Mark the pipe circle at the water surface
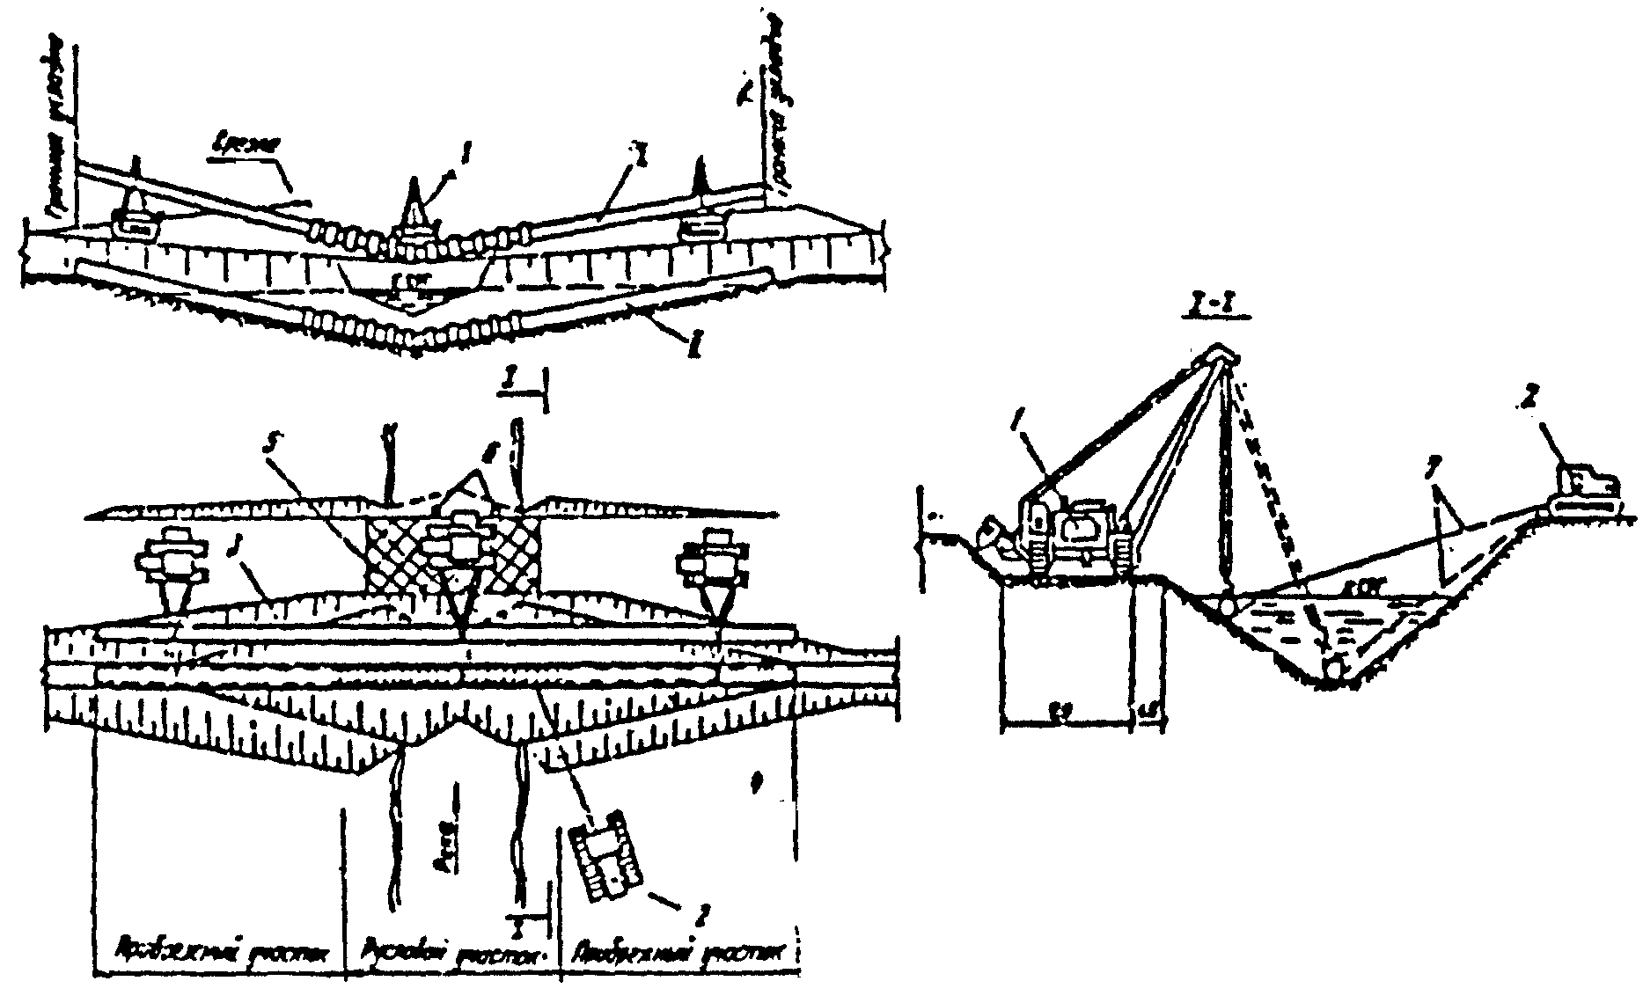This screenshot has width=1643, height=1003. tap(1224, 606)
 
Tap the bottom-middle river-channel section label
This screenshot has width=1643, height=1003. tap(450, 952)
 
